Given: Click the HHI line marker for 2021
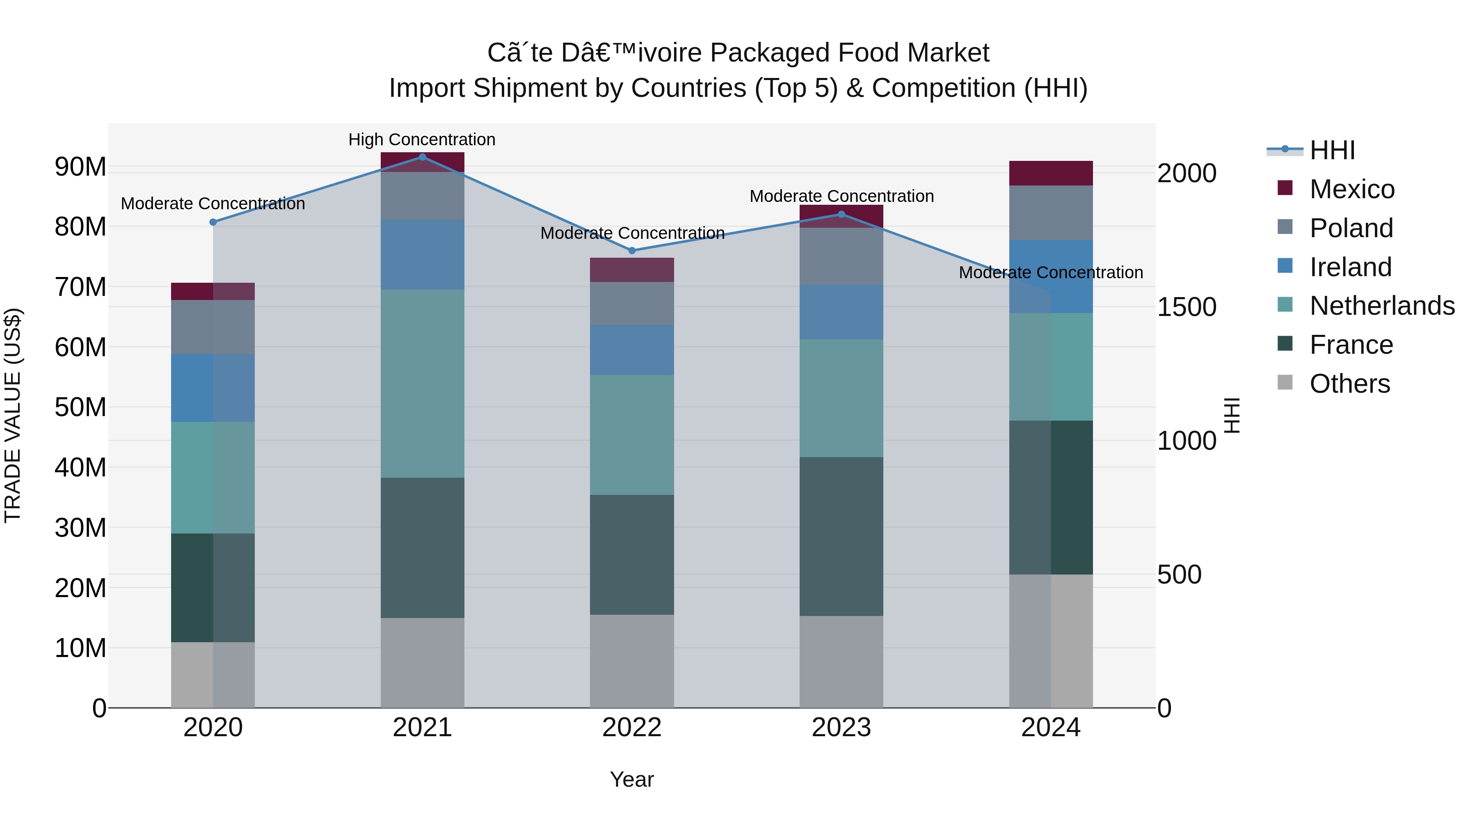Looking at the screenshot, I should (423, 157).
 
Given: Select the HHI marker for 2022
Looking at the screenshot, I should (632, 251).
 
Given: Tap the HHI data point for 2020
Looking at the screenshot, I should (213, 222).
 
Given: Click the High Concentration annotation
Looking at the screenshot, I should (422, 140).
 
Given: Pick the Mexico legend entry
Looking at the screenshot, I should (1351, 189).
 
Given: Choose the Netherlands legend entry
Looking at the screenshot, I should (1382, 306).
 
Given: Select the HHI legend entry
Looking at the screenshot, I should (1332, 150).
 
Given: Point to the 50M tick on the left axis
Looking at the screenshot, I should (80, 407).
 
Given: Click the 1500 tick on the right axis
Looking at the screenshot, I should (1186, 307).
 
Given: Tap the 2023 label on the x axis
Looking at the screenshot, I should (841, 728).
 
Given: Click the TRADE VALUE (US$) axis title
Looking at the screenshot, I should (13, 415).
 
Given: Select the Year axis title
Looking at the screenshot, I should (632, 779).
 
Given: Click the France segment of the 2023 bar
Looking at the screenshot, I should (841, 536).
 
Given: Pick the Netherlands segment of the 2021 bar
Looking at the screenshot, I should (423, 383).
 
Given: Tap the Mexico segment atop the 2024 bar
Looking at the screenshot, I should (1051, 173).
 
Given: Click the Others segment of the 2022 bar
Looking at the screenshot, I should (632, 661).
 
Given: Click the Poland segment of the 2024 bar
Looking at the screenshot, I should (1051, 213).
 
